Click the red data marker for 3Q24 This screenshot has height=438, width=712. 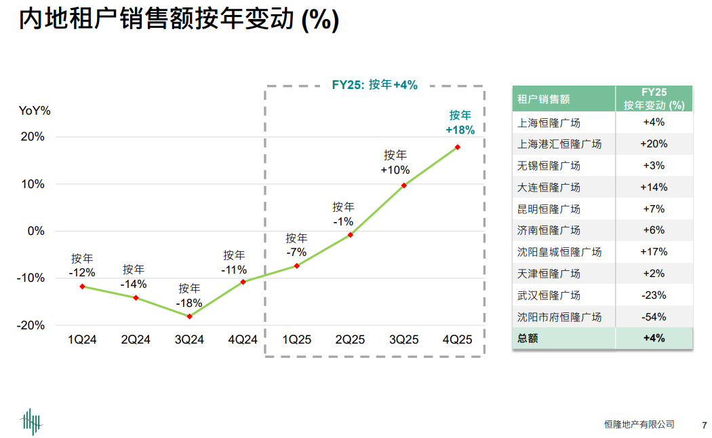point(189,316)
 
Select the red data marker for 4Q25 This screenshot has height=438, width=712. point(458,147)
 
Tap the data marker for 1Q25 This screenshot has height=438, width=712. point(296,266)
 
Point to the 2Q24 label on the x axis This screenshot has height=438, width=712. point(136,340)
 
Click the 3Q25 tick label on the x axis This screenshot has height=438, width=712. point(403,340)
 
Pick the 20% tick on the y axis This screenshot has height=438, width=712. point(31,136)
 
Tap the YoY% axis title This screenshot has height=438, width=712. point(35,111)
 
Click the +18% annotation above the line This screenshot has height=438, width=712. point(460,130)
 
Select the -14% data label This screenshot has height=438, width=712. point(134,284)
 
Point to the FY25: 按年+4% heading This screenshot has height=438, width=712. point(374,85)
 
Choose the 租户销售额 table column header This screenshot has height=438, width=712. point(544,99)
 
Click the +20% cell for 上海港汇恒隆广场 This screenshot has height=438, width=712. point(654,144)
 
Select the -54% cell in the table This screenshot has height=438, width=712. point(654,317)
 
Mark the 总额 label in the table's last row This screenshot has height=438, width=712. point(528,338)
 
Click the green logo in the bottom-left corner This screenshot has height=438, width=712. point(31,421)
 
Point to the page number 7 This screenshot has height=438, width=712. point(704,425)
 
